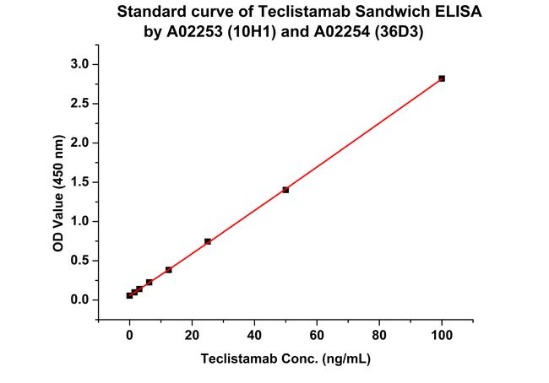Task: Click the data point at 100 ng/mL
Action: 442,78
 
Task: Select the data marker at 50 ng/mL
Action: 285,190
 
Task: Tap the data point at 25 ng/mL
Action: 208,241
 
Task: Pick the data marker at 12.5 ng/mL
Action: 169,270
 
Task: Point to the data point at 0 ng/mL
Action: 129,295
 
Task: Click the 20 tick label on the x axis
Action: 192,334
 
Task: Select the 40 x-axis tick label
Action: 254,334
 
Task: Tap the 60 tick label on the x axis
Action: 317,334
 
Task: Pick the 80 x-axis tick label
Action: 379,334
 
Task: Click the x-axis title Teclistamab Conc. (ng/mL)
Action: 285,358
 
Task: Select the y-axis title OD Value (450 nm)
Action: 58,182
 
